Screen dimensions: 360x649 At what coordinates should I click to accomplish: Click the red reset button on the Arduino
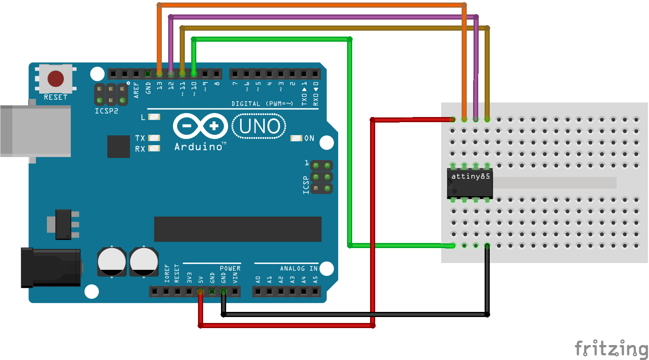point(56,79)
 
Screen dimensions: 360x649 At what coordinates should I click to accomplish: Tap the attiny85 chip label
point(471,176)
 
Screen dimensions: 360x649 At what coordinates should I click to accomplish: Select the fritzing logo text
point(611,349)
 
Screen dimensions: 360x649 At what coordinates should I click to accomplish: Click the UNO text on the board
point(259,126)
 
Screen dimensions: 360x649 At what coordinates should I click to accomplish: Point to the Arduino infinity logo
point(200,126)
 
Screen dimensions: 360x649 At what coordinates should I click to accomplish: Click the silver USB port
point(35,131)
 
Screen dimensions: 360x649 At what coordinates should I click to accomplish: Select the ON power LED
point(296,138)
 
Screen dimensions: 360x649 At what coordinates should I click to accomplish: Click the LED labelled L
point(154,117)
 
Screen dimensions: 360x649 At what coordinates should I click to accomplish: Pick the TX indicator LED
point(154,138)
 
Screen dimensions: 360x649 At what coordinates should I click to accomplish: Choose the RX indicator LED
point(154,149)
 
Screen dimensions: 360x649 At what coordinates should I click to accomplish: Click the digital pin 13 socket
point(159,74)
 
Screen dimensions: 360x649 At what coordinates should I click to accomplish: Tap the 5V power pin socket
point(201,291)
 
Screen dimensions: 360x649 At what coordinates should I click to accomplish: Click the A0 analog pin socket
point(258,291)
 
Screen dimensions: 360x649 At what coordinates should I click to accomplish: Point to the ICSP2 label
point(106,111)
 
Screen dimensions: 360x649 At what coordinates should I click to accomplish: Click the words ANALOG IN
point(299,269)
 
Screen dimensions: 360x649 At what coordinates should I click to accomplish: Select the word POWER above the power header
point(230,269)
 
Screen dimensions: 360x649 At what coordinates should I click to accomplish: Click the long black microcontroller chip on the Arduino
point(238,229)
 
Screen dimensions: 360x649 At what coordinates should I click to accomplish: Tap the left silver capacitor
point(112,262)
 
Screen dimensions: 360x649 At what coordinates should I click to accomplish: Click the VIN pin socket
point(235,291)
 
